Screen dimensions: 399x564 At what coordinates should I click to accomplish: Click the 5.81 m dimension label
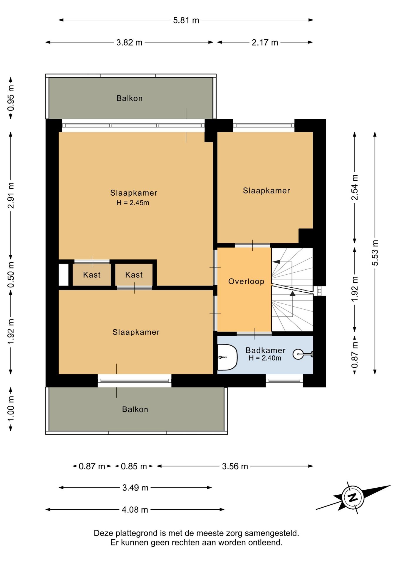coord(186,20)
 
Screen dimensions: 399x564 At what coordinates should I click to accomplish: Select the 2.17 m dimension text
coord(265,42)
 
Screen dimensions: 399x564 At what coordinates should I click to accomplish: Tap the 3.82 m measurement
coord(129,42)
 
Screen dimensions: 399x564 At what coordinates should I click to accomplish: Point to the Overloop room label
coord(246,281)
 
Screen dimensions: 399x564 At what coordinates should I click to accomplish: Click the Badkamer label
coord(266,350)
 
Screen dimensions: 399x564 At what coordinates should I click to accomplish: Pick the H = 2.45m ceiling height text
coord(133,203)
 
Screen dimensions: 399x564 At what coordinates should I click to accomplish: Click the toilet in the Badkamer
coord(227,357)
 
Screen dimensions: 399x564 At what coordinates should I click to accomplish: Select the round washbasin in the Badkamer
coord(299,354)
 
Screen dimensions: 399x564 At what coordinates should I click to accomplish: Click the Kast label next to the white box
coord(92,275)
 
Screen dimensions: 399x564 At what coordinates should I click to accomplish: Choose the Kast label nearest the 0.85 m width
coord(134,275)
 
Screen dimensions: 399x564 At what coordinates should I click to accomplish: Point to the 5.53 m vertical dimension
coord(375,253)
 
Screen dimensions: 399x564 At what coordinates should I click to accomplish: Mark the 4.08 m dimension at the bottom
coord(135,510)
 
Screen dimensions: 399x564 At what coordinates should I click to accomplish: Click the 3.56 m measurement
coord(235,466)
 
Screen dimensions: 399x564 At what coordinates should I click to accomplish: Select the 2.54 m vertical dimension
coord(355,187)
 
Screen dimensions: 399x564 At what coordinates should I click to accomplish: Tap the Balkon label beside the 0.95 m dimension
coord(130,98)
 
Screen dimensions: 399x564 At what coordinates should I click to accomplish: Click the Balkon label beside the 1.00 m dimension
coord(135,409)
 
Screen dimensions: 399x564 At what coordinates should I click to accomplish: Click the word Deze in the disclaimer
coord(104,533)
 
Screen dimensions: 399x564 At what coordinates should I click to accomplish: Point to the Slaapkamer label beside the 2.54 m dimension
coord(266,191)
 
